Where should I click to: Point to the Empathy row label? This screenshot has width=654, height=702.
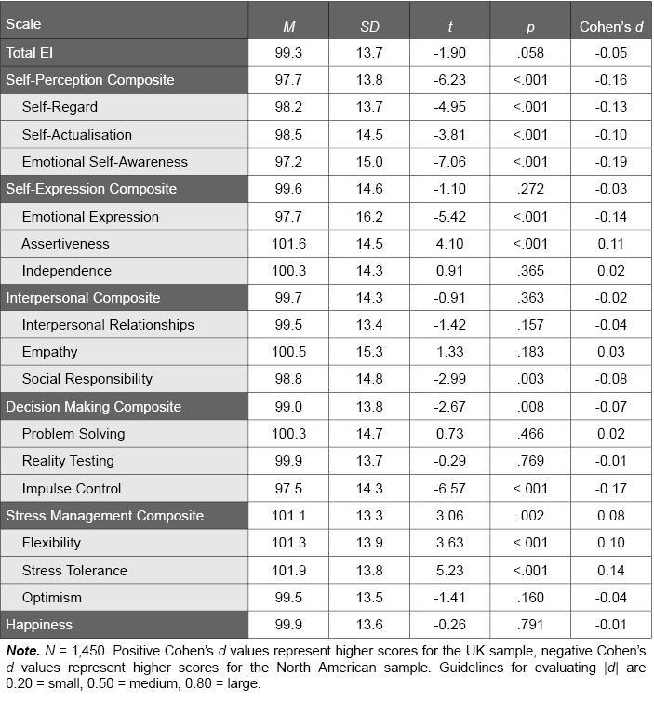point(49,353)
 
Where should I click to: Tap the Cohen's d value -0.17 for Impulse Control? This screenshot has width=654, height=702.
point(611,489)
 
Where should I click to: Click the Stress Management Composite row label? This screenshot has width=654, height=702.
point(92,516)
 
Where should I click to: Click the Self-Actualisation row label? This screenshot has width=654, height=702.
point(77,135)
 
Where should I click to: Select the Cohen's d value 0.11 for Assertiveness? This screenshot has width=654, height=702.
point(611,244)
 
